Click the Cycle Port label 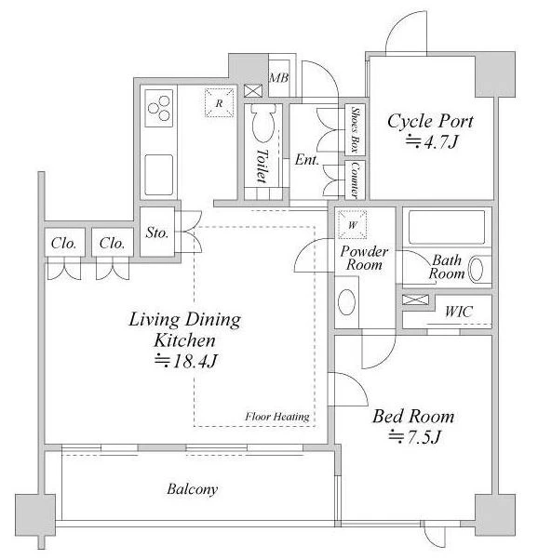(x=430, y=121)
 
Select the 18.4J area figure (x=185, y=361)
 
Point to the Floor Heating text (x=277, y=417)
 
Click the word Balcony (x=193, y=488)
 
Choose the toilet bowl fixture (x=263, y=123)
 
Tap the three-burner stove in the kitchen (x=159, y=108)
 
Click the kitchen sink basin (x=159, y=175)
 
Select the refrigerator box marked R (x=220, y=102)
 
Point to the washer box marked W (x=353, y=224)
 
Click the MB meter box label (x=279, y=78)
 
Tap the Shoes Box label (x=356, y=129)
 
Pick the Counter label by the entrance (x=356, y=180)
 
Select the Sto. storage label (x=157, y=233)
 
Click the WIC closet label (x=459, y=312)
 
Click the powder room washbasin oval (x=346, y=302)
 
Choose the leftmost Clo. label (x=64, y=243)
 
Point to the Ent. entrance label (x=307, y=160)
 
